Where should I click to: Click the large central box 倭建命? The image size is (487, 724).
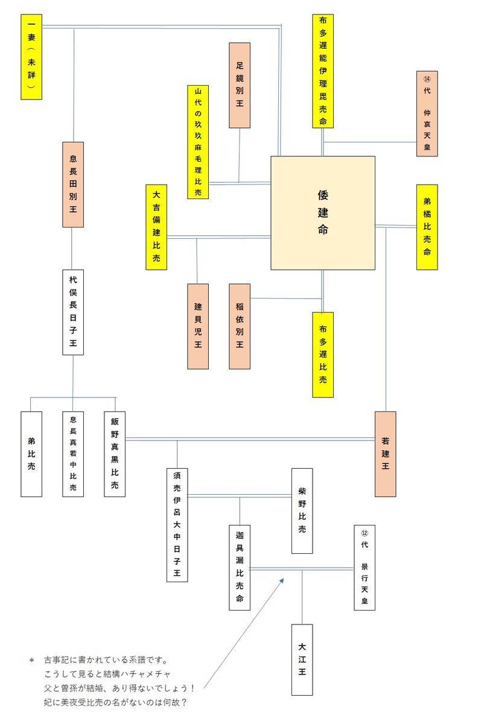click(322, 212)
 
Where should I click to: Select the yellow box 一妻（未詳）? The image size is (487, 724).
click(31, 57)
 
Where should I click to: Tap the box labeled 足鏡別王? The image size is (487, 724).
click(240, 85)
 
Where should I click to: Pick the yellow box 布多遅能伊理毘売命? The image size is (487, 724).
click(323, 71)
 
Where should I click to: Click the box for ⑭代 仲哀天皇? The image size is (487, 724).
click(427, 113)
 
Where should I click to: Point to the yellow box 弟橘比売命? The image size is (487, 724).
click(427, 227)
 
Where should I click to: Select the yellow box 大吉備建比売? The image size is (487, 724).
click(156, 227)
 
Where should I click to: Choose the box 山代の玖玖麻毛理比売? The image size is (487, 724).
click(198, 142)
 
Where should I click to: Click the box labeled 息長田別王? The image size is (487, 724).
click(73, 184)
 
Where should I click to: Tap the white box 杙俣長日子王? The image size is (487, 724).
click(73, 312)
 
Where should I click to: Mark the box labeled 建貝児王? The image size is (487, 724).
click(198, 326)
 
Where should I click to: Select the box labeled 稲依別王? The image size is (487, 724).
click(240, 326)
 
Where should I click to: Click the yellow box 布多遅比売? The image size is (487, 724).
click(323, 355)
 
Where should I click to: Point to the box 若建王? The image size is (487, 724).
click(385, 454)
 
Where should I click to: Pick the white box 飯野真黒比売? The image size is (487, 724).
click(115, 454)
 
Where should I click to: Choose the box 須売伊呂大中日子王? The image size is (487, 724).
click(177, 525)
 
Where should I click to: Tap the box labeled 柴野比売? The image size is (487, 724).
click(302, 510)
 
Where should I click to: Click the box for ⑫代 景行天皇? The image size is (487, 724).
click(364, 567)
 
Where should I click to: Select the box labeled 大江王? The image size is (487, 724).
click(302, 659)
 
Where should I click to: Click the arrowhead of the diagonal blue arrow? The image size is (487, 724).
click(282, 579)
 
